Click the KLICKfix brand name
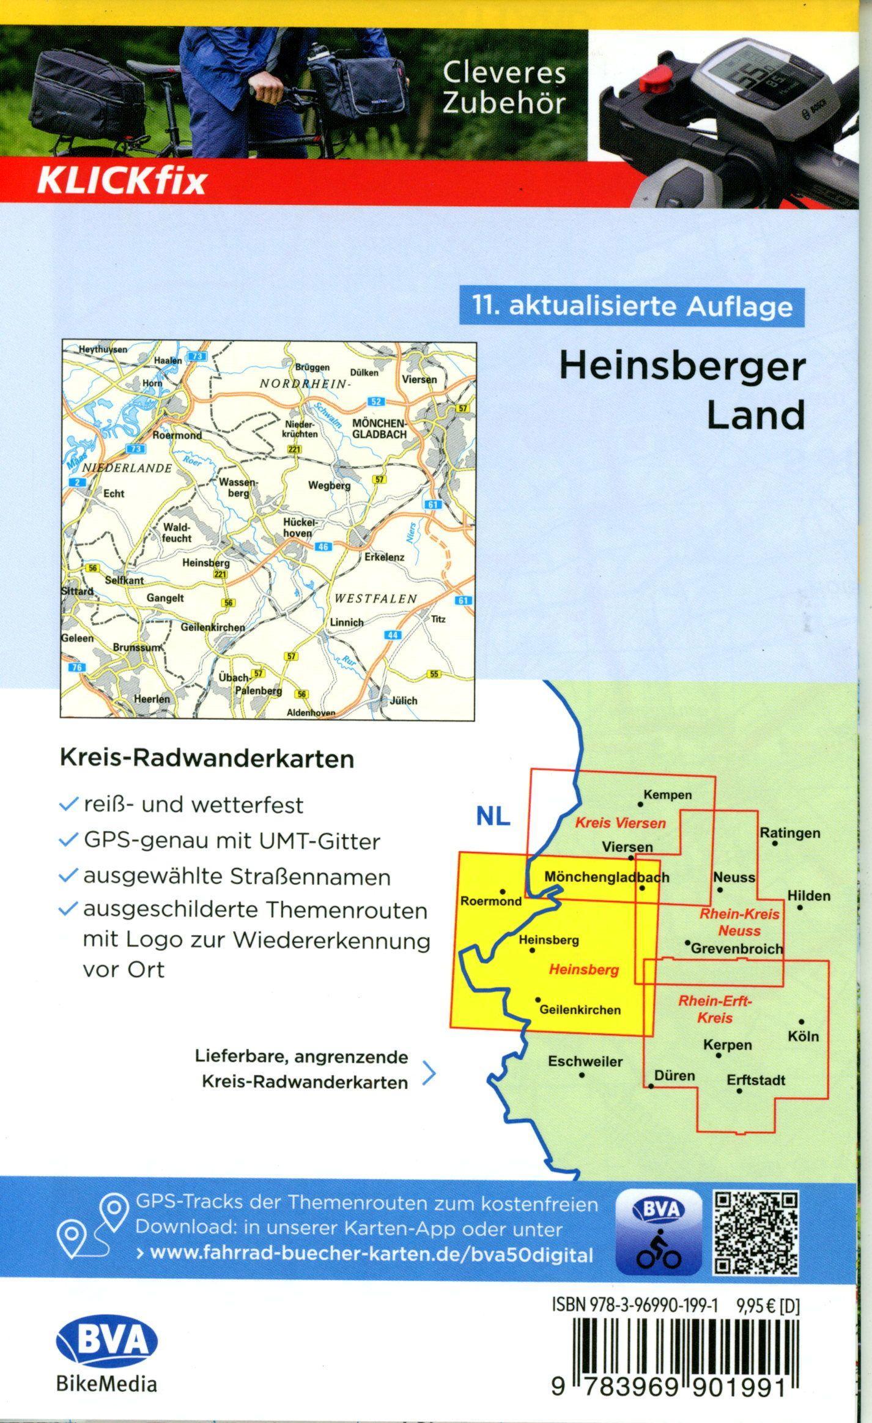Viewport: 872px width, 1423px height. coord(122,181)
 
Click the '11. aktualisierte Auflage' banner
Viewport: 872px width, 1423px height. coord(632,306)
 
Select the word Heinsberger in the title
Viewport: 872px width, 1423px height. coord(682,368)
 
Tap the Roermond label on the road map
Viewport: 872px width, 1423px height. coord(177,435)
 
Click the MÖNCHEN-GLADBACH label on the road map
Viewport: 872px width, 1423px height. coord(379,429)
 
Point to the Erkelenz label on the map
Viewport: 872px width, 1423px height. coord(384,557)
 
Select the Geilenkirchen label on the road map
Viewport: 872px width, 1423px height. coord(212,627)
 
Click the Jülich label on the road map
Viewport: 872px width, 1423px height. coord(403,701)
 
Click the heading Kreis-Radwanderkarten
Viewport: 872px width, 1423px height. coord(207,759)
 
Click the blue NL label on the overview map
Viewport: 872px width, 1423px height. coord(493,817)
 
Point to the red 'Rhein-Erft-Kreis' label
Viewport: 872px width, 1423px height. coord(714,1009)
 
